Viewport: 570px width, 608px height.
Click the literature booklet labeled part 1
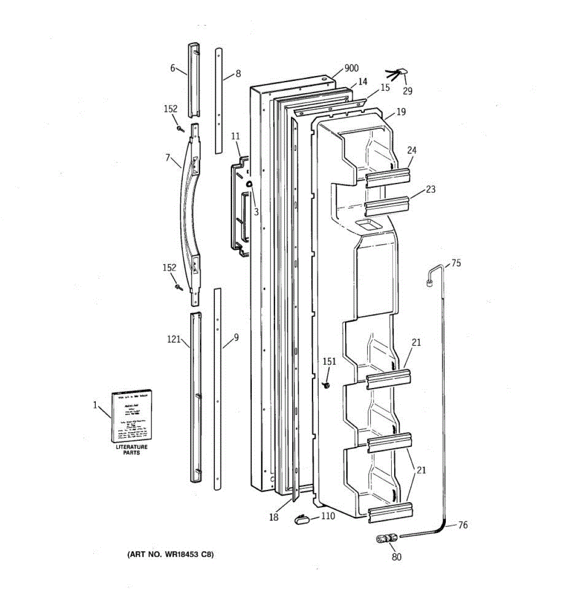pos(132,415)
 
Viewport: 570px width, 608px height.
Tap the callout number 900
pos(351,68)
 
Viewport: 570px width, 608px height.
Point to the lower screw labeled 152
pos(179,287)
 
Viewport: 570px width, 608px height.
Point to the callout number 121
pos(174,339)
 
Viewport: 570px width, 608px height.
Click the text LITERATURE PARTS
pos(131,449)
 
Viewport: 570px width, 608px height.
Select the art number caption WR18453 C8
pos(170,555)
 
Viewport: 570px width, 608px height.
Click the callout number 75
pos(456,263)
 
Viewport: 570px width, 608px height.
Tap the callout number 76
pos(463,525)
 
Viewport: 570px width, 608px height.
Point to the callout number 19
pos(401,111)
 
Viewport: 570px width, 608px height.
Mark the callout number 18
pos(274,517)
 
